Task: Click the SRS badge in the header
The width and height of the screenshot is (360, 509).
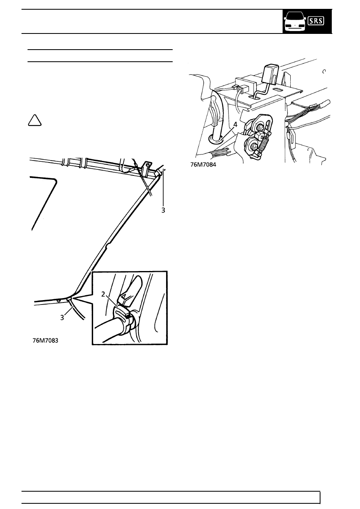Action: (316, 21)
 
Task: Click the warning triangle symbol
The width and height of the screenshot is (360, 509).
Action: (35, 120)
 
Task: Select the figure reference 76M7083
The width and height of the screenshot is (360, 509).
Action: (46, 340)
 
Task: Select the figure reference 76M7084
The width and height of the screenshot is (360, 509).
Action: (203, 165)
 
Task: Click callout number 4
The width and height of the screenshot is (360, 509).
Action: (235, 125)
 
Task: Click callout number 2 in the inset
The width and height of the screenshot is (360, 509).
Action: (103, 294)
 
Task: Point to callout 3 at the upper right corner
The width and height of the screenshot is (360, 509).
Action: (163, 211)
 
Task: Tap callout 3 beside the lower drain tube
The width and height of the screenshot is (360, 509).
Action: (62, 318)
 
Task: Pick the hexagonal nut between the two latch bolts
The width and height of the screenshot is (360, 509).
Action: (259, 136)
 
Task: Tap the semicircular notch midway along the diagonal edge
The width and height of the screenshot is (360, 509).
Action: (108, 245)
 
